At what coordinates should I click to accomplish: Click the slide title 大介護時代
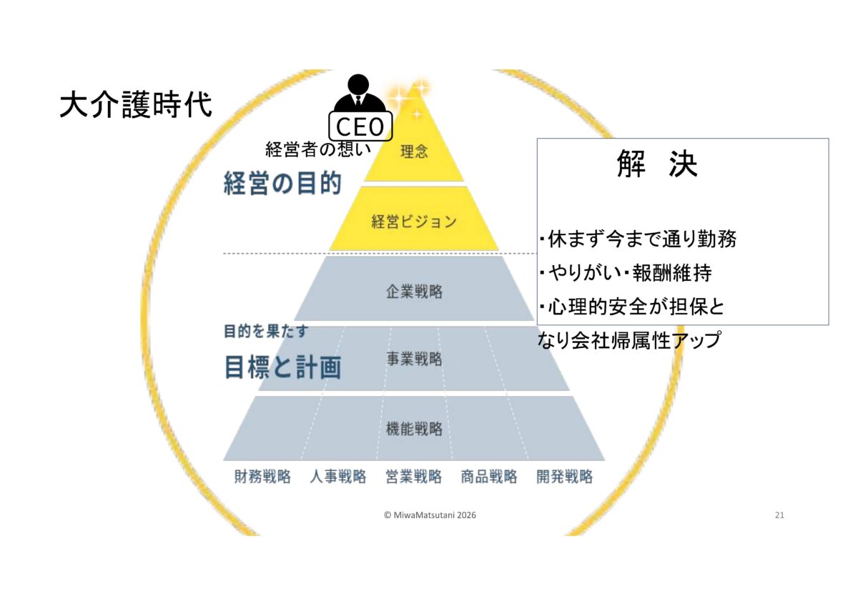tap(136, 105)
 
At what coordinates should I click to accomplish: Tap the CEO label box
tap(360, 127)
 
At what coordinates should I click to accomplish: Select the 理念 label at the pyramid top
tap(414, 152)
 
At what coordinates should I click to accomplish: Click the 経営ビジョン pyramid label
tap(414, 222)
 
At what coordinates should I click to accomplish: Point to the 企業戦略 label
tap(414, 292)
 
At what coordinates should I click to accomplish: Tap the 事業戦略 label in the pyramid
tap(414, 359)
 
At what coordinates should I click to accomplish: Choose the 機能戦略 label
tap(414, 429)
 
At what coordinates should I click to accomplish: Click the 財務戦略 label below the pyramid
tap(262, 477)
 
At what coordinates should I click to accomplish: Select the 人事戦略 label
tap(338, 477)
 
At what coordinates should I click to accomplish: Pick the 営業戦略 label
tap(414, 477)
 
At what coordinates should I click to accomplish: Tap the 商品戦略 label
tap(489, 477)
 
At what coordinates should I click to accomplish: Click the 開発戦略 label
tap(565, 477)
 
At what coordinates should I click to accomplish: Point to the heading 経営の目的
tap(282, 184)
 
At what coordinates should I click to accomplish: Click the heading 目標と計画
tap(282, 367)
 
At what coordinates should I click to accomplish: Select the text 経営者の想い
tap(318, 149)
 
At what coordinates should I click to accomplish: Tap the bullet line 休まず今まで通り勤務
tap(638, 239)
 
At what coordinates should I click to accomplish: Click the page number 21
tap(779, 515)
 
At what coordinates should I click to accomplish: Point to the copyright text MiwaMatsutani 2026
tap(430, 515)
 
